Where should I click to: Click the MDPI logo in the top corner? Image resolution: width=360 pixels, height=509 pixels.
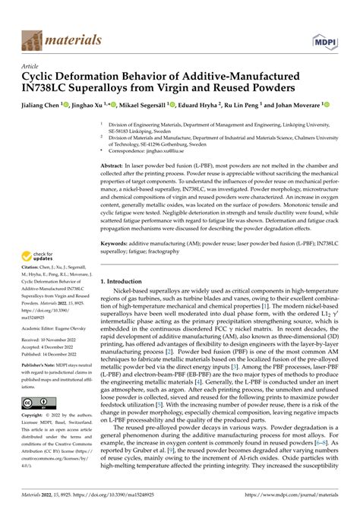[x=324, y=36]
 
